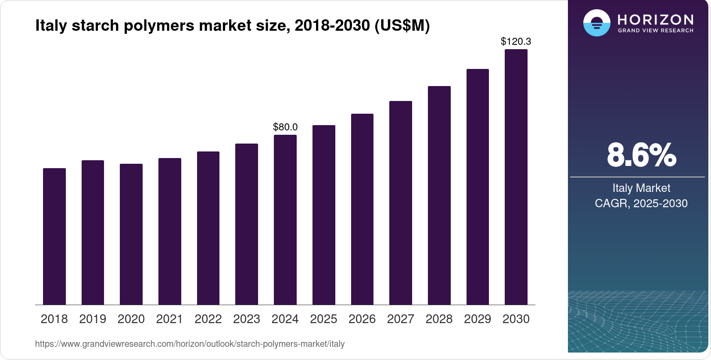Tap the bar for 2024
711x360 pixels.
pyautogui.click(x=285, y=220)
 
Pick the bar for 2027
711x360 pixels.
pyautogui.click(x=401, y=203)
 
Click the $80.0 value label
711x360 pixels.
pyautogui.click(x=285, y=127)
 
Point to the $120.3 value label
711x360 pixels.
pyautogui.click(x=516, y=41)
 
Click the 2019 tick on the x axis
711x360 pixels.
pyautogui.click(x=93, y=319)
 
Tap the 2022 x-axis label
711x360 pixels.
pyautogui.click(x=208, y=319)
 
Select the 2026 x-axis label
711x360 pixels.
pyautogui.click(x=362, y=319)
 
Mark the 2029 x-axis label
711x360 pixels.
pyautogui.click(x=478, y=319)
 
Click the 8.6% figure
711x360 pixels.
pyautogui.click(x=641, y=155)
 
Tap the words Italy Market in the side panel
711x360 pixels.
pyautogui.click(x=641, y=188)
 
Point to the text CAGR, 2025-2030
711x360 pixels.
pyautogui.click(x=641, y=203)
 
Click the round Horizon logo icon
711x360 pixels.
pyautogui.click(x=597, y=23)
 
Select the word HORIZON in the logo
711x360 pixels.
pyautogui.click(x=656, y=19)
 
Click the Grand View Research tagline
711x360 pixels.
pyautogui.click(x=656, y=31)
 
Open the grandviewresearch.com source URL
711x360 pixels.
pyautogui.click(x=190, y=344)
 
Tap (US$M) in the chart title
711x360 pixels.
pyautogui.click(x=402, y=25)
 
